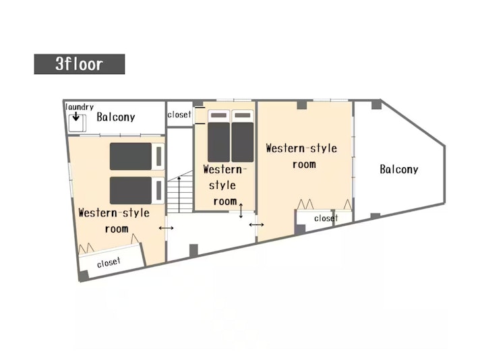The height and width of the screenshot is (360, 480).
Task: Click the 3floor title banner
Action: point(80,64)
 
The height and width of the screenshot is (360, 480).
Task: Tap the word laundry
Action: point(80,107)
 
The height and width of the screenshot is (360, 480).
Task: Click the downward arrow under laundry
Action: point(76,117)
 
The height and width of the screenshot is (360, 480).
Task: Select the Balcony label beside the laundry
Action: point(116,117)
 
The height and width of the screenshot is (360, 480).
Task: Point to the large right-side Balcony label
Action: point(399,169)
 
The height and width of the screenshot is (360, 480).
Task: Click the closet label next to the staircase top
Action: point(179,115)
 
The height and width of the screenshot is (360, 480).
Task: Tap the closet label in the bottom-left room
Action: point(109,262)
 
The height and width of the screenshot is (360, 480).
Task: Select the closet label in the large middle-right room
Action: point(326,218)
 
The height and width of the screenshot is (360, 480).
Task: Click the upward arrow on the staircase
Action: point(179,194)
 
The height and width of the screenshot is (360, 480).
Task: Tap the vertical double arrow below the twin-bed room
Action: point(241,210)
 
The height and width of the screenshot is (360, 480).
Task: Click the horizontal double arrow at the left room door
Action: point(167,228)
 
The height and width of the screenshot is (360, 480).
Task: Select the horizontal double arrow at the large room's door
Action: point(257,225)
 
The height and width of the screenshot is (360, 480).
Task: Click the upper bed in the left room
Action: point(138,156)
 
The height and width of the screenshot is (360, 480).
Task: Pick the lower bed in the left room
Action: point(138,190)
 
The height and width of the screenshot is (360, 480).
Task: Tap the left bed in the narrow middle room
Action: point(218,136)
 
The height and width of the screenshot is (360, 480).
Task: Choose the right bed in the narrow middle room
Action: point(243,136)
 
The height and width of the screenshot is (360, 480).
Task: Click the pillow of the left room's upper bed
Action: point(159,156)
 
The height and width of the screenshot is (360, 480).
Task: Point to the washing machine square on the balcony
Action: point(77,123)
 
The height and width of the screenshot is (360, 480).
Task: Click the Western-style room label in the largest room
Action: point(302,156)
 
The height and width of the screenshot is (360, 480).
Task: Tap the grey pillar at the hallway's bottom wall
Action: point(193,250)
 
